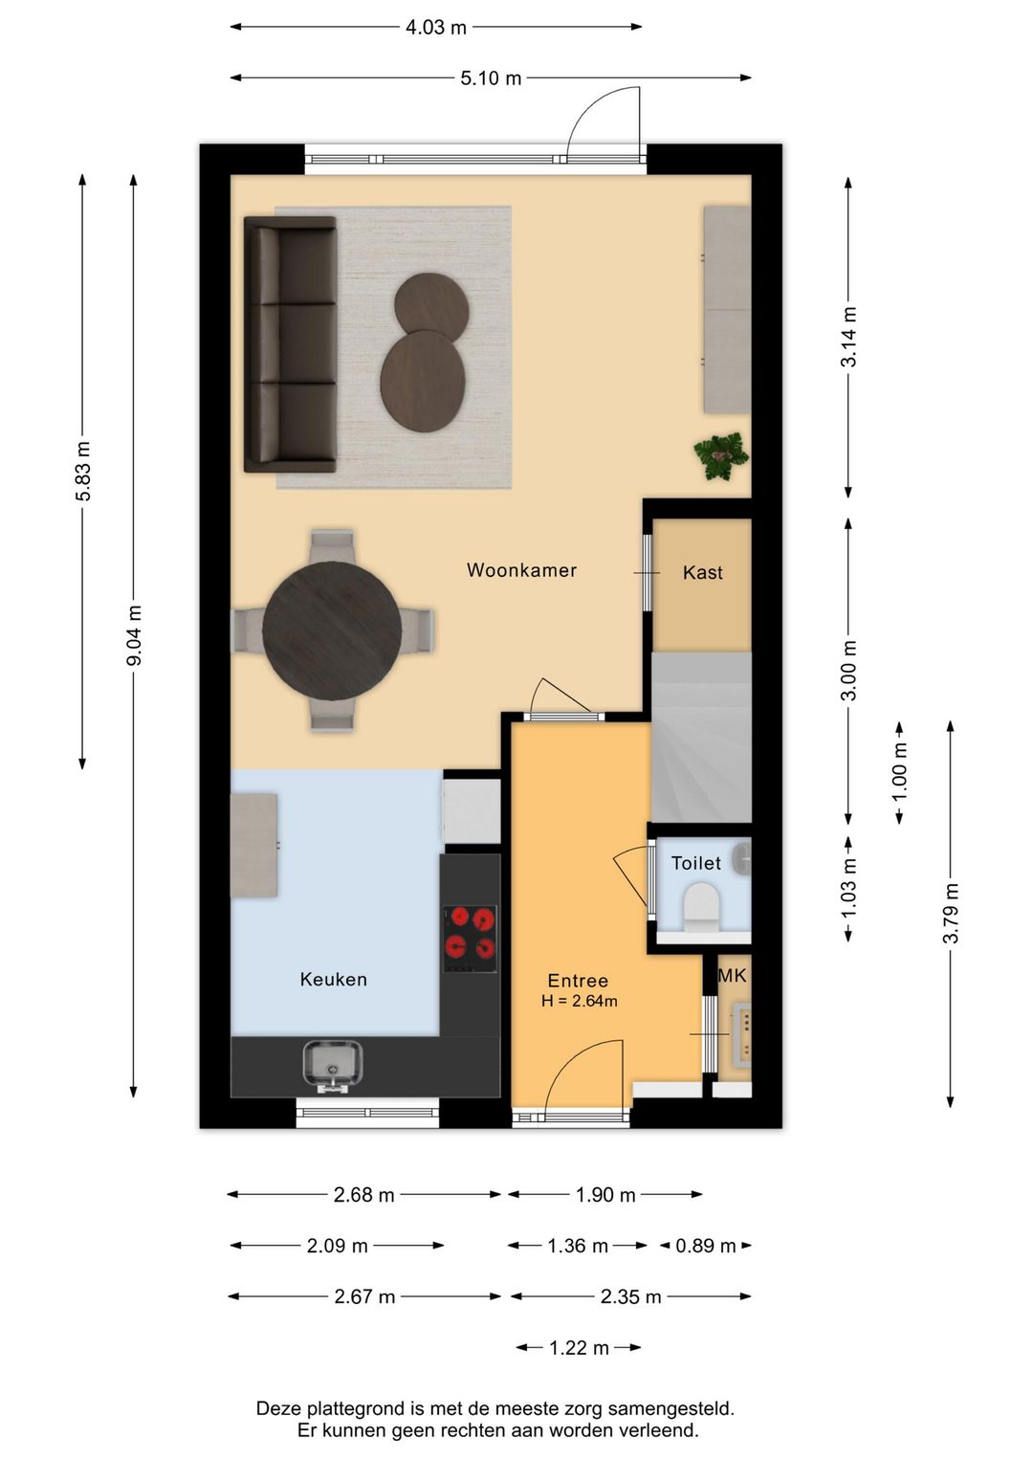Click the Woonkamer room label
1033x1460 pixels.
coord(521,570)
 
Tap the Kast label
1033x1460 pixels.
coord(703,572)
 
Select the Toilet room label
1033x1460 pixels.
coord(696,863)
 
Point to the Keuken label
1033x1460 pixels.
coord(333,979)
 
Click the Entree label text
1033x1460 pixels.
coord(578,981)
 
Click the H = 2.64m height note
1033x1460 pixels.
coord(579,1001)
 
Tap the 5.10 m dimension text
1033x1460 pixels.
coord(491,78)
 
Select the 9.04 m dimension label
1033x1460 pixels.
coord(134,635)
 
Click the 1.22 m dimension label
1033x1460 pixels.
coord(579,1347)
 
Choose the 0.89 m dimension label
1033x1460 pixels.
coord(705,1246)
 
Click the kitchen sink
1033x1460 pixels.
coord(333,1067)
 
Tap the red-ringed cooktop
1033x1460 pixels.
coord(470,939)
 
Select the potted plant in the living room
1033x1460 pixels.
coord(720,455)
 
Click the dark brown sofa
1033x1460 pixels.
coord(290,344)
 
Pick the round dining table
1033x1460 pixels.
coord(333,630)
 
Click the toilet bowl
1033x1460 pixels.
coord(700,906)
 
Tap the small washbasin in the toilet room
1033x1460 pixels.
coord(741,858)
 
